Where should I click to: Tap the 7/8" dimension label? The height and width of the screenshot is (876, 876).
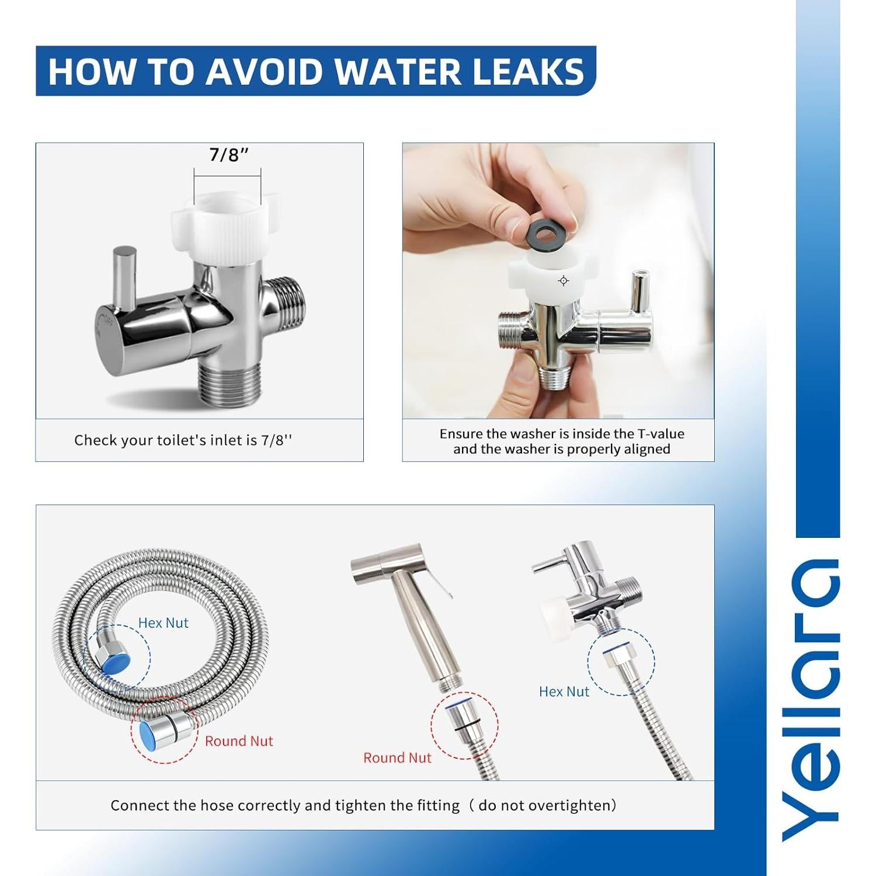coord(228,155)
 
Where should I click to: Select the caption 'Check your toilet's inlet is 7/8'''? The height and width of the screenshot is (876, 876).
coord(183,440)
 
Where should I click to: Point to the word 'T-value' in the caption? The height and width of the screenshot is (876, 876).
coord(661,434)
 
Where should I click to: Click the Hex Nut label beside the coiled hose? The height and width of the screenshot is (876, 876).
coord(163,623)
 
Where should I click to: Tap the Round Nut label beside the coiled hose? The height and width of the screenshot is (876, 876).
coord(238,741)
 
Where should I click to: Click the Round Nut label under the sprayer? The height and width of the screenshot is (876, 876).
coord(397,758)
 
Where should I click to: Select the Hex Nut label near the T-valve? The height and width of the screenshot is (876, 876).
coord(564,692)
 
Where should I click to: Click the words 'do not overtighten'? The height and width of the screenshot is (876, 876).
coord(544,806)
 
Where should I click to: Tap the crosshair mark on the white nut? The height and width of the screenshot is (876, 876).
coord(563,281)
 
